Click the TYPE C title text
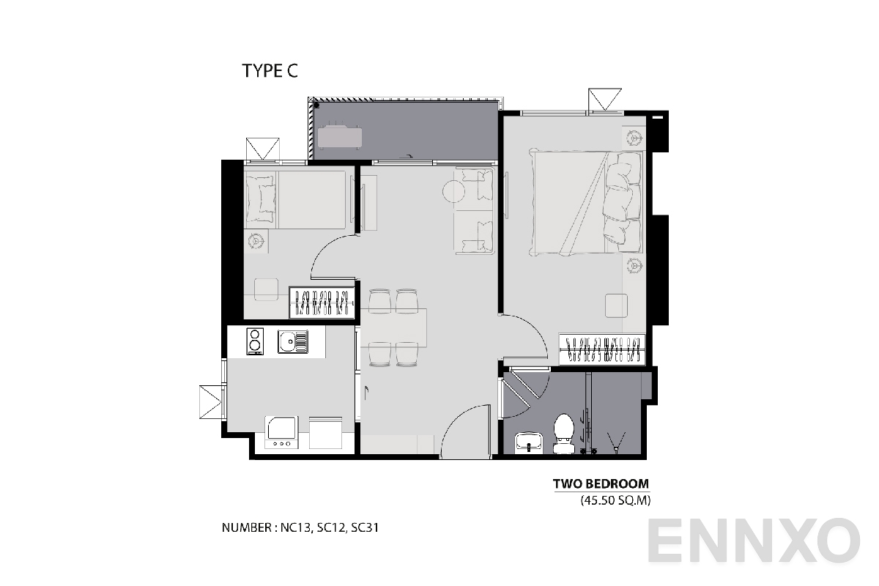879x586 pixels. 270,71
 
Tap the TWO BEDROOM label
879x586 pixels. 601,483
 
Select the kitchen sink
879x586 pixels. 292,341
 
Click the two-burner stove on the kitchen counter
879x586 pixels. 255,341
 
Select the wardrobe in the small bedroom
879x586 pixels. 322,302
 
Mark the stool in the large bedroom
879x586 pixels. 616,303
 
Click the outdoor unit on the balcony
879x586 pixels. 339,136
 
